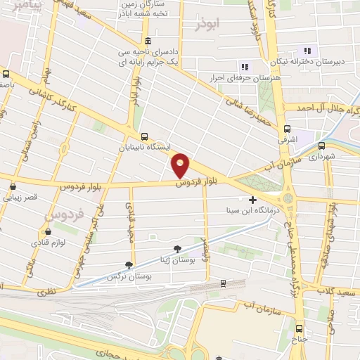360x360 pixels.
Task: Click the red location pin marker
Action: coord(181,165)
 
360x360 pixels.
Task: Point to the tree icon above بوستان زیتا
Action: coord(176,249)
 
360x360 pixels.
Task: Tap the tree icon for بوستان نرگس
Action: coord(128,265)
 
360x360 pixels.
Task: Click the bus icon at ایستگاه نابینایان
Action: coord(144,136)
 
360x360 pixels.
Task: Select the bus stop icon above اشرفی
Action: coord(287,129)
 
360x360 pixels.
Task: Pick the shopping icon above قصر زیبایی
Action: coord(14,186)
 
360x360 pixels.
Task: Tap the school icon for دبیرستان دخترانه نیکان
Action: coord(307,50)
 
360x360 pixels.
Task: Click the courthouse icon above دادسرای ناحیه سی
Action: coord(147,41)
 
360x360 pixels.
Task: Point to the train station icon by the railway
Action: coord(223,283)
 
